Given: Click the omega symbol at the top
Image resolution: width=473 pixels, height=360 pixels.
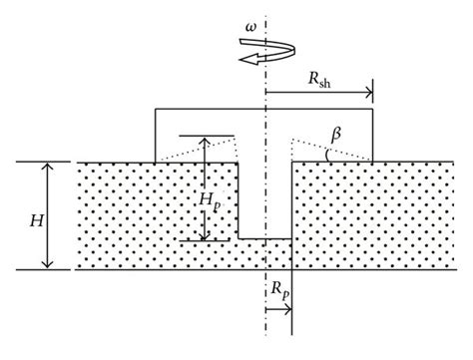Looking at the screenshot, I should (x=249, y=15).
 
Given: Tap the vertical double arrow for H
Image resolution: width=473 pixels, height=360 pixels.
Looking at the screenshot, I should (x=45, y=215).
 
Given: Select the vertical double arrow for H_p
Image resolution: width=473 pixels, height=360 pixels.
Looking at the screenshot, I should (x=204, y=187).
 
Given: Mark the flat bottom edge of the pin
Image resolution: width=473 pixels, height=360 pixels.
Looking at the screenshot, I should (x=264, y=238).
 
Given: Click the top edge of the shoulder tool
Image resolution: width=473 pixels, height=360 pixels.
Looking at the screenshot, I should (x=263, y=108).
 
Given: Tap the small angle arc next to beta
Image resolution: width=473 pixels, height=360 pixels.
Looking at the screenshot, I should (x=325, y=153).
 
